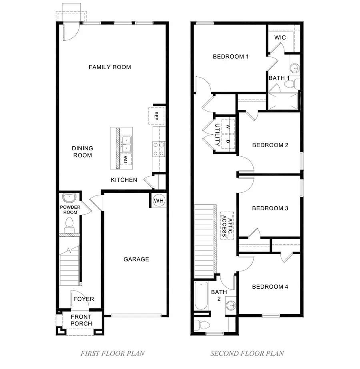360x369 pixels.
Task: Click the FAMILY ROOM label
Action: [x=110, y=67]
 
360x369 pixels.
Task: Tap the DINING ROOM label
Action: [x=82, y=152]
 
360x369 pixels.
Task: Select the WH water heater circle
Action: [x=159, y=200]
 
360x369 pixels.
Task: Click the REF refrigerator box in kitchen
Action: [x=156, y=116]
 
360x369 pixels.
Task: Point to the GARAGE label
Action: [x=136, y=259]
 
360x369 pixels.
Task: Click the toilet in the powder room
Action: [x=70, y=224]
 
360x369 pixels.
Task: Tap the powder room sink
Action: [x=70, y=198]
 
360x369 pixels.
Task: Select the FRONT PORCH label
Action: [x=81, y=320]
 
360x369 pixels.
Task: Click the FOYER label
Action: [x=84, y=299]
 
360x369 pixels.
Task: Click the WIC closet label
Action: [x=280, y=38]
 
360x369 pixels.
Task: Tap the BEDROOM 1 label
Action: [x=231, y=57]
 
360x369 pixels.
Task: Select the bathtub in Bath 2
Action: [x=201, y=295]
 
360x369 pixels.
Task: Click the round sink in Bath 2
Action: [x=230, y=306]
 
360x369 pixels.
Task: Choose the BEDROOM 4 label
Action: [x=270, y=287]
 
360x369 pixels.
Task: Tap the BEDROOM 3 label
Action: [x=270, y=208]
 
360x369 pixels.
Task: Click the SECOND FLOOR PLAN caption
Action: [x=247, y=353]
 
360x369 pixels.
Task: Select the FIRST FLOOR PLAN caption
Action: [x=112, y=353]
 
